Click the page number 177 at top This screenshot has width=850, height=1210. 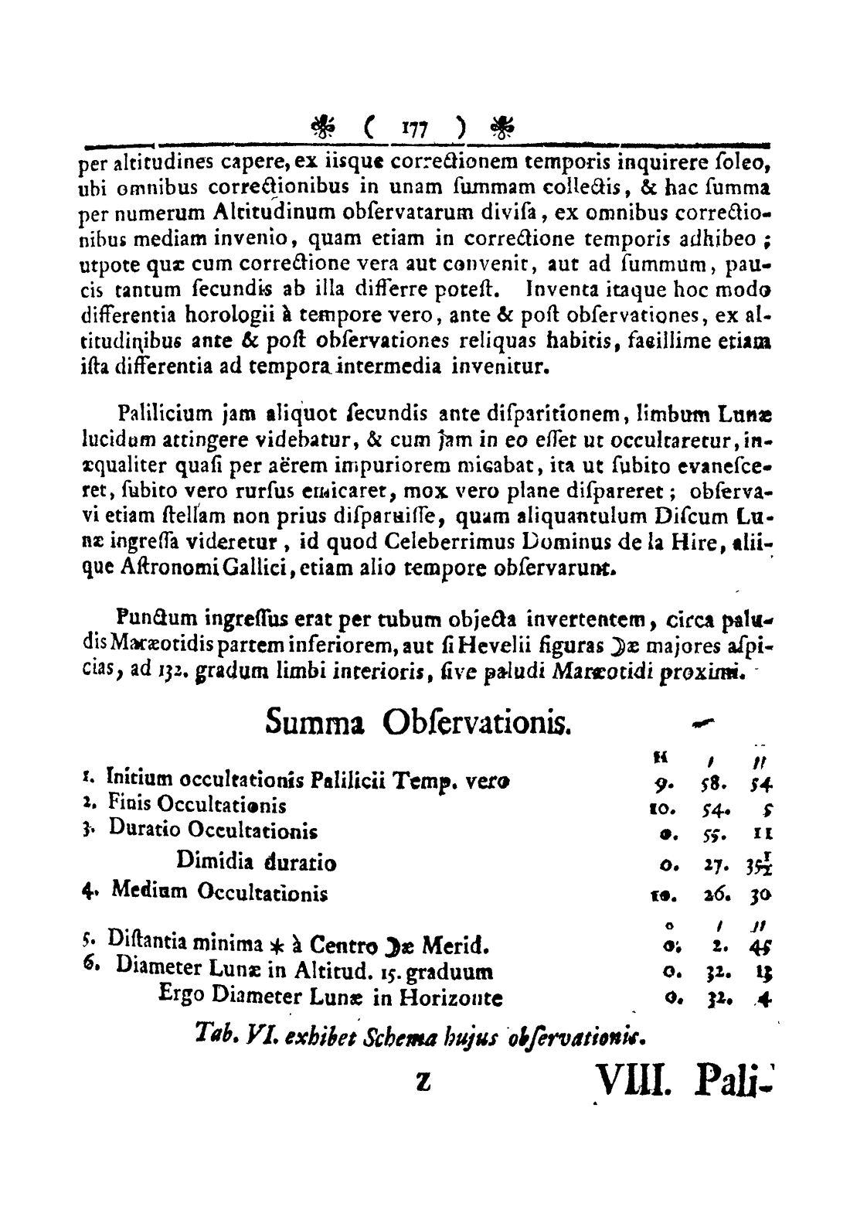coord(417,126)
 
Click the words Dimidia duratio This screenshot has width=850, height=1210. coord(256,862)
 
